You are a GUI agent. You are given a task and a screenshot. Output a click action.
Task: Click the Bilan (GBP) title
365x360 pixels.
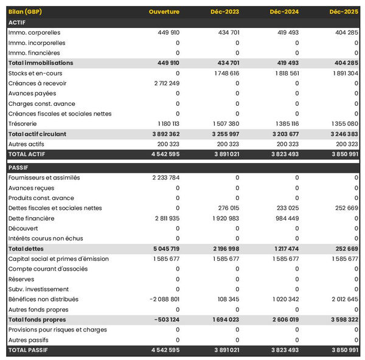tap(25, 12)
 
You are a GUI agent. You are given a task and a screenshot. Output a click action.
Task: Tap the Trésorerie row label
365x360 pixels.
tap(22, 123)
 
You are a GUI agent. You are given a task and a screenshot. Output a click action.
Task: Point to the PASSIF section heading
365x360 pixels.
tap(19, 167)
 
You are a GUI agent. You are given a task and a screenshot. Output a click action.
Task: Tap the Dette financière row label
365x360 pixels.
tap(31, 218)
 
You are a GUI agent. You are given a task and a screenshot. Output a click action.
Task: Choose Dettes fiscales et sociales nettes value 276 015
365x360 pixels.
tap(227, 208)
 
